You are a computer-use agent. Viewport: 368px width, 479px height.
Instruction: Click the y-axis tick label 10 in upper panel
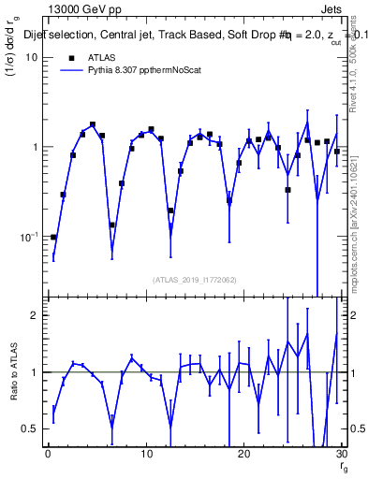point(32,57)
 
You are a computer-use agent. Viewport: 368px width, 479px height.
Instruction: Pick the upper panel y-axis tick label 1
point(35,147)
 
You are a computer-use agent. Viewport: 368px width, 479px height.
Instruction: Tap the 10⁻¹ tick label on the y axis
point(28,236)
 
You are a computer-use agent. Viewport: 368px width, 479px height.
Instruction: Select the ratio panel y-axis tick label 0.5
point(31,428)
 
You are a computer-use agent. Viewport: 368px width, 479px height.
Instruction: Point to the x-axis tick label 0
point(48,455)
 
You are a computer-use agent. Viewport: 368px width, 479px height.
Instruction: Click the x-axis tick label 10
point(145,455)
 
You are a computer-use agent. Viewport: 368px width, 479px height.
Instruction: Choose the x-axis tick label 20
point(243,455)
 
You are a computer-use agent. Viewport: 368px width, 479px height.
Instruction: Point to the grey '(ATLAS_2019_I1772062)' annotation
point(194,279)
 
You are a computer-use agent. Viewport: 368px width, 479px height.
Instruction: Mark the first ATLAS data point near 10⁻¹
point(53,237)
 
